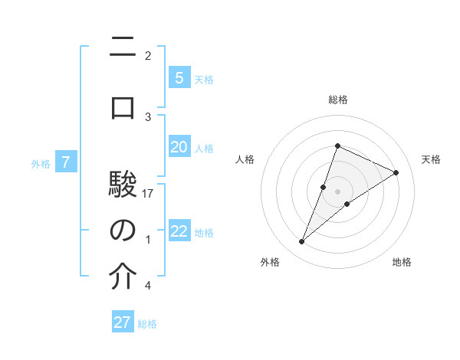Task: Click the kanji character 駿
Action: pyautogui.click(x=123, y=185)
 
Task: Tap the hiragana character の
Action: pyautogui.click(x=123, y=231)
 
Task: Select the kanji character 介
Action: pyautogui.click(x=123, y=277)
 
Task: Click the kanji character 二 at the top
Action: pyautogui.click(x=123, y=47)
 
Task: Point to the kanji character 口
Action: pyautogui.click(x=123, y=107)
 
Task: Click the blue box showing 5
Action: pyautogui.click(x=179, y=77)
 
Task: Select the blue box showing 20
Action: pyautogui.click(x=179, y=147)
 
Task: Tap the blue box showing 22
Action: pyautogui.click(x=179, y=231)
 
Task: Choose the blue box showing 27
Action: pyautogui.click(x=123, y=322)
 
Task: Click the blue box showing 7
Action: pyautogui.click(x=66, y=162)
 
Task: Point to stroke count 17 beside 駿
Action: pyautogui.click(x=149, y=194)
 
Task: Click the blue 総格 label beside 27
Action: pyautogui.click(x=147, y=324)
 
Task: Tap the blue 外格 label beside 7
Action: pyautogui.click(x=41, y=163)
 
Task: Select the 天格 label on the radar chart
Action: pyautogui.click(x=431, y=159)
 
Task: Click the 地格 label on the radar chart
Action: pyautogui.click(x=402, y=262)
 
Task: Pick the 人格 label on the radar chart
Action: pyautogui.click(x=245, y=159)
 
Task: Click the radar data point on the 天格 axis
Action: pyautogui.click(x=396, y=172)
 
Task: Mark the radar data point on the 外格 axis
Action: pyautogui.click(x=302, y=241)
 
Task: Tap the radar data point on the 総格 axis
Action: pyautogui.click(x=337, y=146)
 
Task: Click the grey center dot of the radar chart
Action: pyautogui.click(x=337, y=191)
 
